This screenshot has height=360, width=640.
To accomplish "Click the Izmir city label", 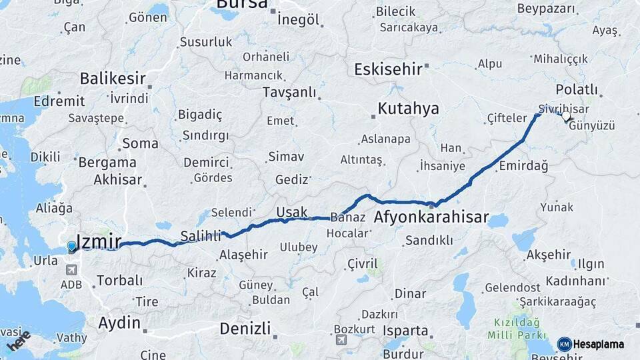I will pyautogui.click(x=100, y=241).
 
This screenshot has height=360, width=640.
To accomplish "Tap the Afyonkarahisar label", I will pyautogui.click(x=431, y=218).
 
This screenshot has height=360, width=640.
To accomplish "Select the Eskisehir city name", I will pyautogui.click(x=389, y=69).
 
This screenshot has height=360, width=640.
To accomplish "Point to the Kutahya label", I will pyautogui.click(x=408, y=109).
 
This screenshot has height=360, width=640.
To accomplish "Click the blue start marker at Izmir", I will pyautogui.click(x=72, y=247).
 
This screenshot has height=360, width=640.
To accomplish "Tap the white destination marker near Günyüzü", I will pyautogui.click(x=566, y=117).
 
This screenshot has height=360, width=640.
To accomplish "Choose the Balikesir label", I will pyautogui.click(x=113, y=79).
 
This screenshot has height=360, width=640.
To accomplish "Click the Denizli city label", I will pyautogui.click(x=245, y=328).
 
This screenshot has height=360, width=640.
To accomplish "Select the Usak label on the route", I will pyautogui.click(x=292, y=212).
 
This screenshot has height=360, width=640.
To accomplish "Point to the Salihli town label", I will pyautogui.click(x=201, y=235).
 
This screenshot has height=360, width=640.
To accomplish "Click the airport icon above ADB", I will pyautogui.click(x=71, y=270).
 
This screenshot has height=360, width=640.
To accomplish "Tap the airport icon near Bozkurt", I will pyautogui.click(x=341, y=339).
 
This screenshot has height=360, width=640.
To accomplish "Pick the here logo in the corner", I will pyautogui.click(x=18, y=341).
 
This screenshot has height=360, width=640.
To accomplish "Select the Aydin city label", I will pyautogui.click(x=119, y=324).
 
